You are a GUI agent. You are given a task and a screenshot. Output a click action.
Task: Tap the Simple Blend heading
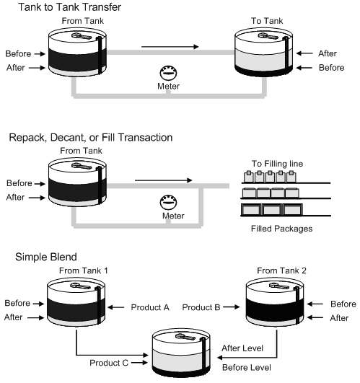pos(32,257)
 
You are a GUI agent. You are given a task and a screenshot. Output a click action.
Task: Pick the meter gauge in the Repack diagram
pos(167,203)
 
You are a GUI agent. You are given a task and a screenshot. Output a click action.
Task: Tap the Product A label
pos(149,307)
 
